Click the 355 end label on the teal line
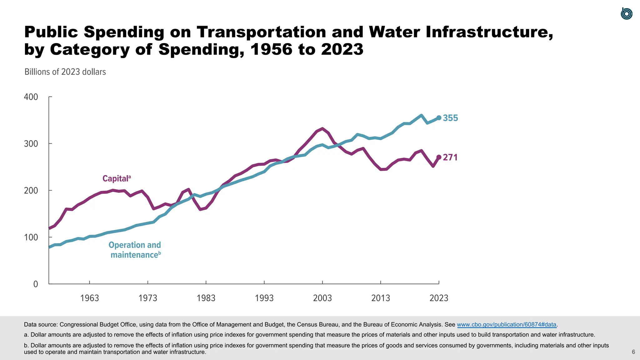(450, 118)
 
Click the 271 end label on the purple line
(450, 157)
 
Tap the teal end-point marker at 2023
(439, 118)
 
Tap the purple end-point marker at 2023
(439, 157)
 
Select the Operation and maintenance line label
(135, 250)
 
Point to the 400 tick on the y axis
(31, 97)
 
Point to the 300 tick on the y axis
(31, 144)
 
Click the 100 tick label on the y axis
(31, 237)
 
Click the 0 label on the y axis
(36, 284)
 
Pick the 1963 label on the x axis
(90, 298)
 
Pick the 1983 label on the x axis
(206, 298)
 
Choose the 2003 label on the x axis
(322, 298)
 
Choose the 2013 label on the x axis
(381, 298)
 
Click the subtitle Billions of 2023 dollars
(65, 72)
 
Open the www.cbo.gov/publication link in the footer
(506, 325)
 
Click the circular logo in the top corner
(626, 14)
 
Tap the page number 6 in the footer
(633, 352)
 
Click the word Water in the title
(394, 32)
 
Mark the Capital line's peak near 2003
(322, 128)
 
